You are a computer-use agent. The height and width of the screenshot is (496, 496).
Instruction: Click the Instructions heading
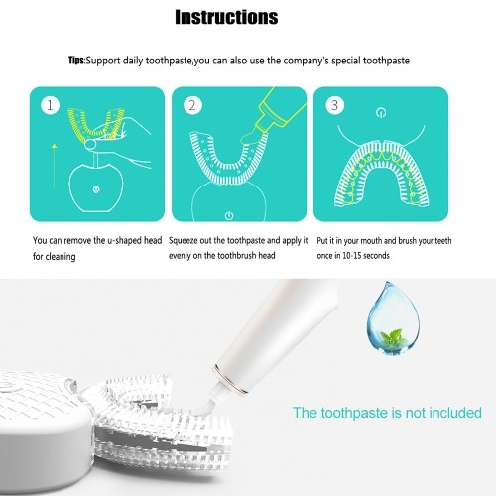click(x=226, y=17)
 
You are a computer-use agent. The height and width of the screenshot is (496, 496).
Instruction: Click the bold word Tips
click(x=76, y=61)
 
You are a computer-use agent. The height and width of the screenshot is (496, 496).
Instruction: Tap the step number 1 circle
click(x=50, y=105)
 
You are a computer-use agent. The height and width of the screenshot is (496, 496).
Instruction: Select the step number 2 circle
click(x=192, y=105)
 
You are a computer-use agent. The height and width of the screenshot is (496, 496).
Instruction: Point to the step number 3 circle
click(x=334, y=105)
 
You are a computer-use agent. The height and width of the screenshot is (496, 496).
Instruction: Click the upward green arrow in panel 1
click(x=55, y=166)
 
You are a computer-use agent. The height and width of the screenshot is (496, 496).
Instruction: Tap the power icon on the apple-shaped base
click(x=96, y=189)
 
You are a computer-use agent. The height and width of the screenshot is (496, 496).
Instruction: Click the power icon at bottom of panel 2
click(x=229, y=216)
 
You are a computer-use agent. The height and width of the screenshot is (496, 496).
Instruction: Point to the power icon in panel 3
click(x=381, y=113)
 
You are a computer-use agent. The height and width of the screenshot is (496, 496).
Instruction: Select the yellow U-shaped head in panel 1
click(x=96, y=122)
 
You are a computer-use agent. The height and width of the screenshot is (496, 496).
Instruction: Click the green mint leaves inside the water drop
click(x=392, y=337)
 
